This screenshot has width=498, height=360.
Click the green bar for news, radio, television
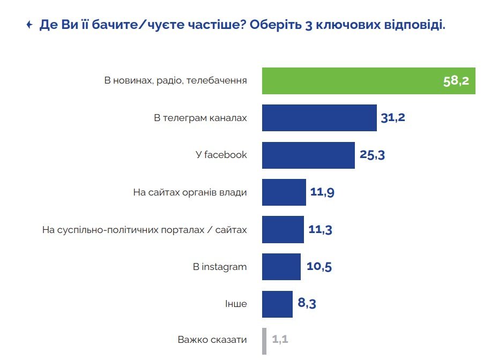(x=348, y=81)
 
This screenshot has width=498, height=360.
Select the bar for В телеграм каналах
(x=319, y=118)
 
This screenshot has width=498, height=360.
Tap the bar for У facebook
(x=308, y=155)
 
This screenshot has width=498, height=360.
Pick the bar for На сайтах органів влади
(x=284, y=192)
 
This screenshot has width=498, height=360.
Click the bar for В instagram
(x=281, y=267)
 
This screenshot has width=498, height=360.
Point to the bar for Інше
(x=277, y=304)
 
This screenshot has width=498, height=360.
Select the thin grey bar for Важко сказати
(x=264, y=341)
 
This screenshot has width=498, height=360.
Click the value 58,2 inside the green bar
(x=456, y=81)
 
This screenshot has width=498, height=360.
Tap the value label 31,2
(x=392, y=118)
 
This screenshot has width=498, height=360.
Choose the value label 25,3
(x=372, y=155)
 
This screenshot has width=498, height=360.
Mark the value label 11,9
(x=323, y=192)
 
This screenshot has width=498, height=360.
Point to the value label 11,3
(x=321, y=230)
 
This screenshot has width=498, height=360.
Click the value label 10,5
(x=318, y=267)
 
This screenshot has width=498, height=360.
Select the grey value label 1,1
(x=280, y=340)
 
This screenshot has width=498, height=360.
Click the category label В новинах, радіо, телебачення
(x=175, y=81)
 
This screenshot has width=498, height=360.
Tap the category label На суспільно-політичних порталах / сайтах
(x=144, y=230)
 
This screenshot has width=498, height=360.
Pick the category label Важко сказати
(x=212, y=340)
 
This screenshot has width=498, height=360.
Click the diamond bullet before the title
(x=29, y=25)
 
